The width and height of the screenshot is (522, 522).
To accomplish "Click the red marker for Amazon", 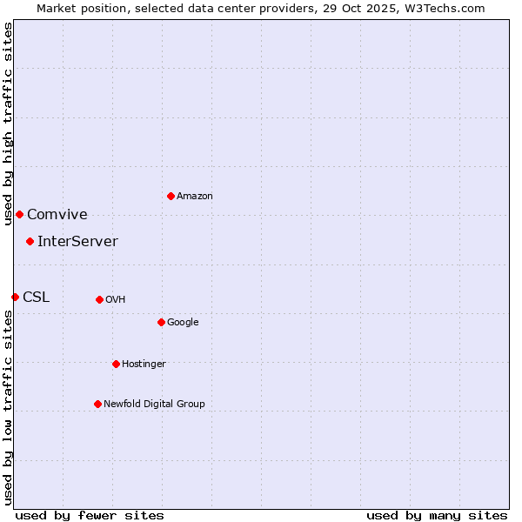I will (x=171, y=196).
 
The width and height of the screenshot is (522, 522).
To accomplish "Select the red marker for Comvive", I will (x=19, y=214).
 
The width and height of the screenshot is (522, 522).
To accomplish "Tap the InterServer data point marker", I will (x=30, y=241).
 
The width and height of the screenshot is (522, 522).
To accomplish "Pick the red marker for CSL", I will (x=15, y=297).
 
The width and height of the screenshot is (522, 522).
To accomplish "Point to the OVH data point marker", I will (x=99, y=299).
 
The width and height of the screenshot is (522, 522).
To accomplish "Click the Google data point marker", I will (x=161, y=322).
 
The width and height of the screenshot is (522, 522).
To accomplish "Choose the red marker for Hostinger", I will (x=116, y=364).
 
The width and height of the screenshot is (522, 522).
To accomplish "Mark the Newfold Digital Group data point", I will (x=97, y=404).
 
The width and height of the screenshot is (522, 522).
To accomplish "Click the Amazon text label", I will (x=195, y=197).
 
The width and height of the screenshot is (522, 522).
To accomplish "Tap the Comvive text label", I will (x=57, y=215).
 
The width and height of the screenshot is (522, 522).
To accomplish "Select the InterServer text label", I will (x=77, y=242).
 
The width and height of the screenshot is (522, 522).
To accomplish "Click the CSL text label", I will (x=37, y=298).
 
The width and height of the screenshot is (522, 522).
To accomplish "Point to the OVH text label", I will (x=116, y=300).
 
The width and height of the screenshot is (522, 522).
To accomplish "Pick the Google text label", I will (x=183, y=323).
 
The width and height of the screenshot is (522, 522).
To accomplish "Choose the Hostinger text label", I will (x=144, y=365).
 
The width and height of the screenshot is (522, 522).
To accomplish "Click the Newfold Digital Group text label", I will (x=154, y=405).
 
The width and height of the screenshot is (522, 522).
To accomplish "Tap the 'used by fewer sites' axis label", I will (x=90, y=515).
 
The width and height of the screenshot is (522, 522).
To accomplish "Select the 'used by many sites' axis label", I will (x=437, y=515).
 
